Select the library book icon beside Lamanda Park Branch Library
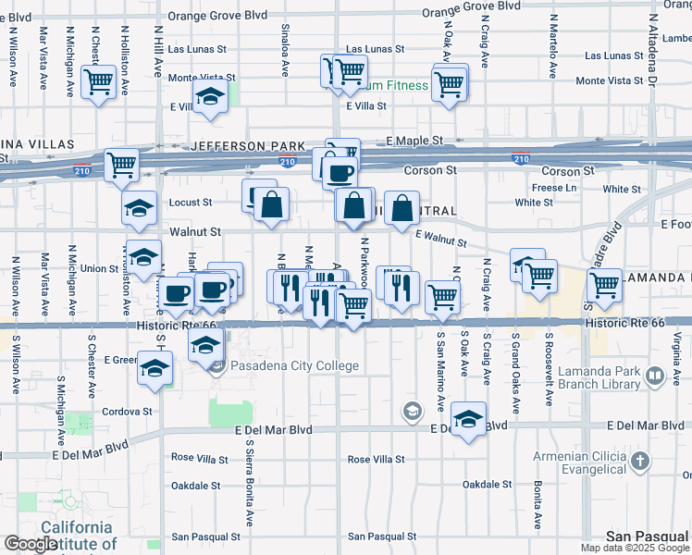655,376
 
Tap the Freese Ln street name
555,188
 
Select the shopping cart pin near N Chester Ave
97,81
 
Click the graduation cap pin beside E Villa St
211,97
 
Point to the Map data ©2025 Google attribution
635,548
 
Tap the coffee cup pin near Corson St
340,172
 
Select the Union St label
100,268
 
